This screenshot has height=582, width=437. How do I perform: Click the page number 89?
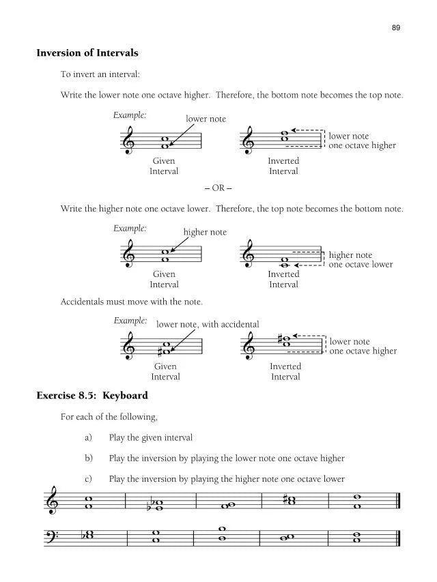tap(396, 27)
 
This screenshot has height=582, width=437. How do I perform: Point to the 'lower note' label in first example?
tap(206, 119)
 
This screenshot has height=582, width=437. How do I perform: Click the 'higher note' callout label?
tap(205, 232)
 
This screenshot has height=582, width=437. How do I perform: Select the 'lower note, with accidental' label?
tap(208, 324)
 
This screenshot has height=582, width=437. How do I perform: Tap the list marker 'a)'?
tap(88, 437)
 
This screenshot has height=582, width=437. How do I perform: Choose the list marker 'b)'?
tap(88, 458)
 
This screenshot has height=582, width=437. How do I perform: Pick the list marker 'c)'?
tap(88, 478)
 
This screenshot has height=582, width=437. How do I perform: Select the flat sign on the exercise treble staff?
tap(150, 507)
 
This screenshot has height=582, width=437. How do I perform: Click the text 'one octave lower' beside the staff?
tap(361, 264)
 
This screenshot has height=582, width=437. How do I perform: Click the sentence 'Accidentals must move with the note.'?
tap(131, 301)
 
